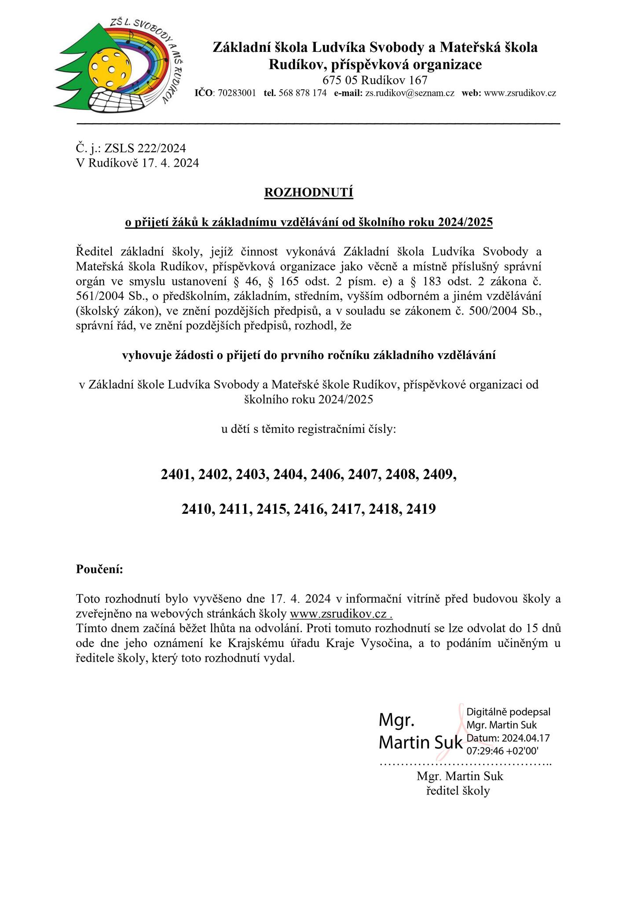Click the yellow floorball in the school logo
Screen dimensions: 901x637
tap(110, 68)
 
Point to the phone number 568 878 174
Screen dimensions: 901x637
tap(302, 93)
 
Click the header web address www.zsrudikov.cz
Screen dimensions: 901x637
tap(520, 93)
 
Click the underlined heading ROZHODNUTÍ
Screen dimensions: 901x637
tap(308, 193)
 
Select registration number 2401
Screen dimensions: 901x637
tap(177, 474)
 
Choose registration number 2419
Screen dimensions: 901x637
tap(421, 509)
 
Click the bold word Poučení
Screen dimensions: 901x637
tap(99, 569)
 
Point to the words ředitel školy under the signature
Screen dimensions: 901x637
tap(458, 791)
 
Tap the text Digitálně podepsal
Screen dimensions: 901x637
tap(508, 712)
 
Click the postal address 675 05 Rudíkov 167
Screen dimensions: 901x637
tap(375, 80)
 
